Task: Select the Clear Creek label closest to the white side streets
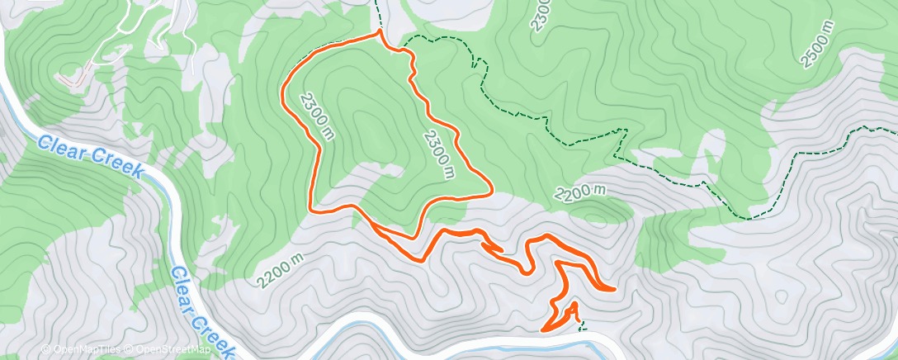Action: [91, 158]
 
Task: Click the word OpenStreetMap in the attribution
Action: [173, 349]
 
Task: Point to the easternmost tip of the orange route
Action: [614, 289]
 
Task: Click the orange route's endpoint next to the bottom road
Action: [543, 330]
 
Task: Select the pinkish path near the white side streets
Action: [74, 79]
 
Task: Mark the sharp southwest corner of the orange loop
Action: [310, 208]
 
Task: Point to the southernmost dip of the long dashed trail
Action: [748, 219]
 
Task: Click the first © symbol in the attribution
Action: [45, 349]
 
